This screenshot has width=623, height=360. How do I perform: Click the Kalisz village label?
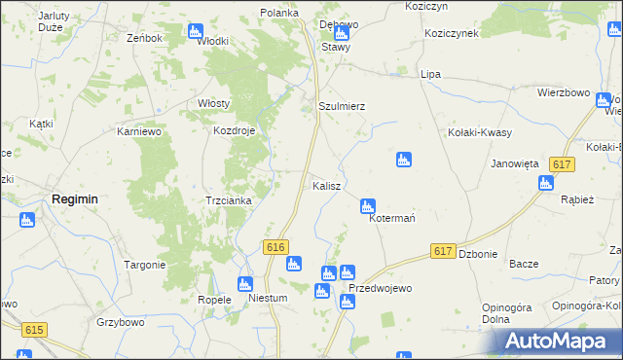point(325,185)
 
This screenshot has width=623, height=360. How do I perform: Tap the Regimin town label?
point(74,198)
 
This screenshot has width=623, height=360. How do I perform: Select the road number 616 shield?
point(275,248)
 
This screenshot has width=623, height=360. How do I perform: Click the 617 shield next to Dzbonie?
point(443,251)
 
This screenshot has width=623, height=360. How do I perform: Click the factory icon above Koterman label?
point(367,205)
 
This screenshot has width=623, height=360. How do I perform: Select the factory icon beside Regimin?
point(26,220)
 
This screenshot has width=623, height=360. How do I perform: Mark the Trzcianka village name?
point(229,200)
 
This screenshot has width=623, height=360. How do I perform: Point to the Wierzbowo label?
point(565,92)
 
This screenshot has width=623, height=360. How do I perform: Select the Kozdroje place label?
point(235,130)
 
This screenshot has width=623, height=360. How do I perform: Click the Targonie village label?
point(144,265)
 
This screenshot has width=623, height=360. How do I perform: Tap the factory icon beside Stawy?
point(340,32)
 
